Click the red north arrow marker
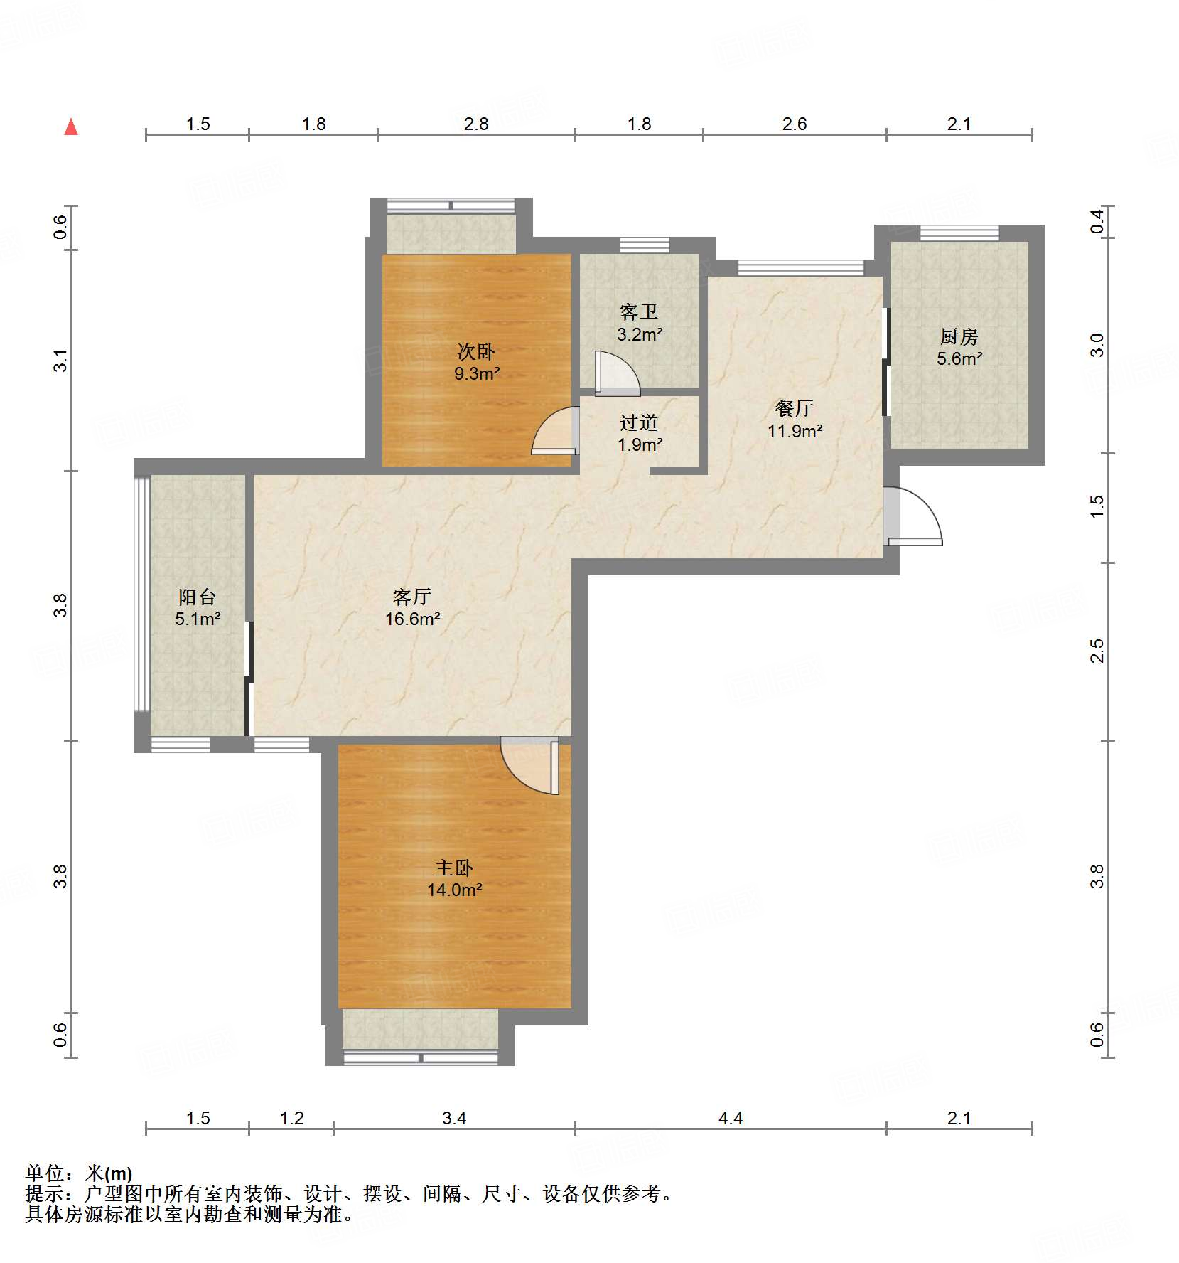71,127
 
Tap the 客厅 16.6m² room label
412,607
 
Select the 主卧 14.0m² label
454,878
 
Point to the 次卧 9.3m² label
476,362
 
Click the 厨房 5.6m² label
959,347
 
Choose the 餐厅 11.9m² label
795,419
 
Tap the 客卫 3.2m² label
639,323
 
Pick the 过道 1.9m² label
639,433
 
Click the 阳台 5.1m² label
198,607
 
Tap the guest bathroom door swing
615,373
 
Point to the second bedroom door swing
555,430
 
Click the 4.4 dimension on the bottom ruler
730,1118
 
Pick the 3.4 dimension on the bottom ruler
453,1118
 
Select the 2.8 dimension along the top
475,124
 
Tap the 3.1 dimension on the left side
61,360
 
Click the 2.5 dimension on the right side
1097,651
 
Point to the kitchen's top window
959,233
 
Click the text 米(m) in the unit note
109,1173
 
